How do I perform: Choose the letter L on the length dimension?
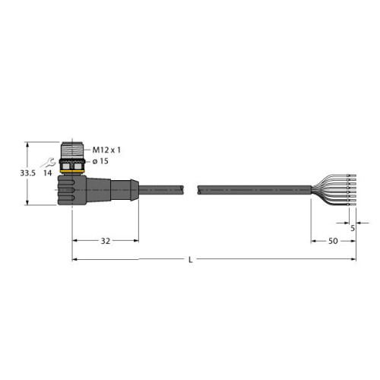(x=190, y=260)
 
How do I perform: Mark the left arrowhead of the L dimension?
(x=74, y=260)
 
